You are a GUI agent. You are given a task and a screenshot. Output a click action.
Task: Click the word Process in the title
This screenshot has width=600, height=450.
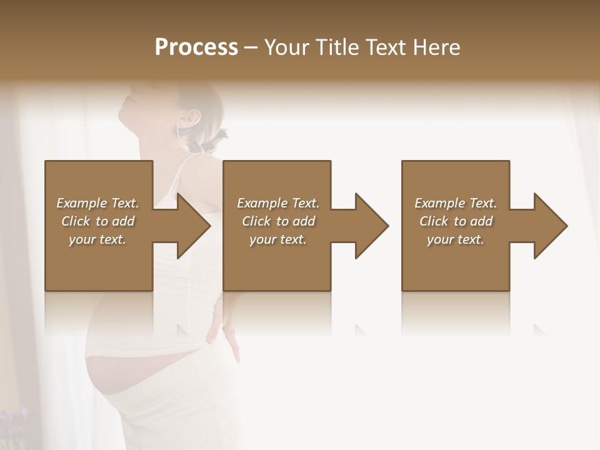[x=196, y=47]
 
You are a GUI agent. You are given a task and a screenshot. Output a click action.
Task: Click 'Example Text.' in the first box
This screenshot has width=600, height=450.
[x=98, y=203]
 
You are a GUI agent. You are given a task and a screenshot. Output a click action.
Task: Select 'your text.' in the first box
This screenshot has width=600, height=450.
[x=98, y=239]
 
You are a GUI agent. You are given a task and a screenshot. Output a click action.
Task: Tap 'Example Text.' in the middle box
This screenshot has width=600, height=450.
[x=278, y=203]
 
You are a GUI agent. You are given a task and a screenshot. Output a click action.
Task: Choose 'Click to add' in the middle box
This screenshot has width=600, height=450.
[x=278, y=221]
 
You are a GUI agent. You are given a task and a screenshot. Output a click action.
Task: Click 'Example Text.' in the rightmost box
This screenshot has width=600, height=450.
[x=456, y=203]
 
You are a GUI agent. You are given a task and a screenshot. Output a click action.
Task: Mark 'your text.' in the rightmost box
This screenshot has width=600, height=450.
[x=456, y=239]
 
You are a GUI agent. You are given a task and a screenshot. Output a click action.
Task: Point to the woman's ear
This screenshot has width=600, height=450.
[x=194, y=117]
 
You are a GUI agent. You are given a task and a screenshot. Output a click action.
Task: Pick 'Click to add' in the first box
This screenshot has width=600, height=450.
[x=98, y=221]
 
